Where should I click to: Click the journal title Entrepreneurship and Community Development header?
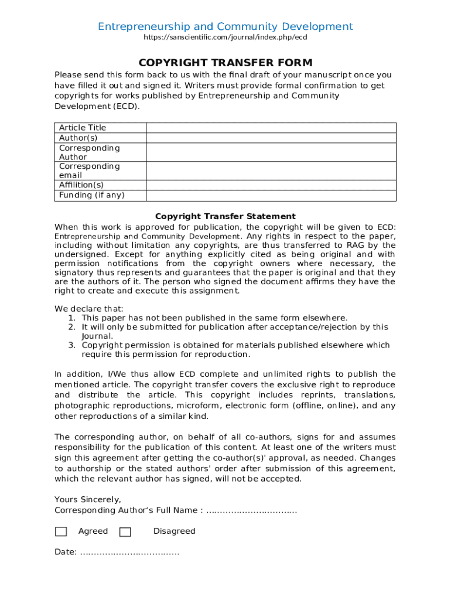(225, 26)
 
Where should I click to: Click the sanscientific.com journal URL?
(225, 37)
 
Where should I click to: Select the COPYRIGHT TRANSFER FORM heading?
(225, 63)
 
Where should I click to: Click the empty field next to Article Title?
(271, 128)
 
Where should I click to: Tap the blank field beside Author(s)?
(271, 138)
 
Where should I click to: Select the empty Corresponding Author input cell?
(271, 152)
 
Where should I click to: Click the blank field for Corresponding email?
(271, 171)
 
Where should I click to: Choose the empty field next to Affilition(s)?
(271, 185)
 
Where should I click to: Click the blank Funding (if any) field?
(271, 196)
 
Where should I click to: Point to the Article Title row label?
(83, 128)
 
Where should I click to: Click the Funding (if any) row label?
(91, 196)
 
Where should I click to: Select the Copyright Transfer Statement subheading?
(225, 216)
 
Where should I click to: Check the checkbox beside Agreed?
(61, 532)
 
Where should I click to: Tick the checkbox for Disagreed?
(125, 532)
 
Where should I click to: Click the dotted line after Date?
(129, 553)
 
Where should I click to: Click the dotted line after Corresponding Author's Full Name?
(252, 511)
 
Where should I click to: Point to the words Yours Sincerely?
(88, 500)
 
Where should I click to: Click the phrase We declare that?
(89, 309)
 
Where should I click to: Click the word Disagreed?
(174, 531)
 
